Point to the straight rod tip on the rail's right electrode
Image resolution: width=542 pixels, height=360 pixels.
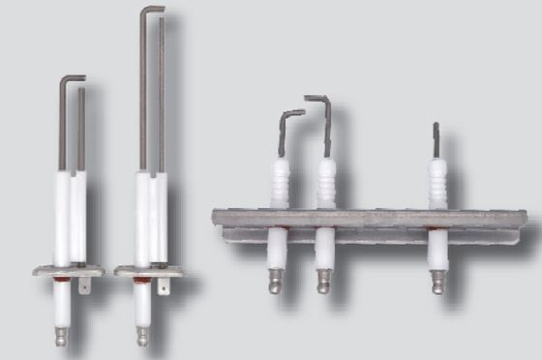436,131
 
